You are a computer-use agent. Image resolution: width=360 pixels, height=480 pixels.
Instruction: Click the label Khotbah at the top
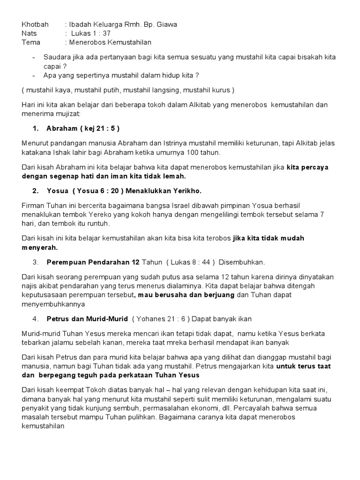coord(35,24)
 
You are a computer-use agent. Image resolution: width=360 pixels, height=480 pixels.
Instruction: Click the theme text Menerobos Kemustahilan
coord(111,42)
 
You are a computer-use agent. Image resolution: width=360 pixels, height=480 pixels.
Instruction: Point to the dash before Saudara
coord(34,57)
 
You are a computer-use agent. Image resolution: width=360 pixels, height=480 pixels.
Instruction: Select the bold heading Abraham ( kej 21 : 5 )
coord(86,128)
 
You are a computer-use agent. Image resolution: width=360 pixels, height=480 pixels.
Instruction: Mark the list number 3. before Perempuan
coord(35,262)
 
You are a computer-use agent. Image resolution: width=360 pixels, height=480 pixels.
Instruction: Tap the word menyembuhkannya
coord(53,304)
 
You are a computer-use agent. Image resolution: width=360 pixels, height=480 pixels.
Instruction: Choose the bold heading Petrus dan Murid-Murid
coord(87,319)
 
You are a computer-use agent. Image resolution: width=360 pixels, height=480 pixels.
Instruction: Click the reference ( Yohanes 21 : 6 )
coord(161,319)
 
